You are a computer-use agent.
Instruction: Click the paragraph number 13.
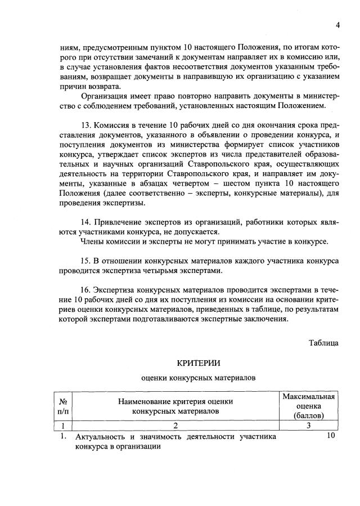[x=87, y=124]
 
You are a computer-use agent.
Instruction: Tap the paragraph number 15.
[x=87, y=262]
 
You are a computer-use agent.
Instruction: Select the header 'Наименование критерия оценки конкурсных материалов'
[x=175, y=406]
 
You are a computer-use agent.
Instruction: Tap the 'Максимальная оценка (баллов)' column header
[x=309, y=406]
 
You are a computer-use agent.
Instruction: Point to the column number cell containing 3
[x=309, y=426]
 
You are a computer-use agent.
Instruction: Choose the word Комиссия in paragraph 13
[x=114, y=124]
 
